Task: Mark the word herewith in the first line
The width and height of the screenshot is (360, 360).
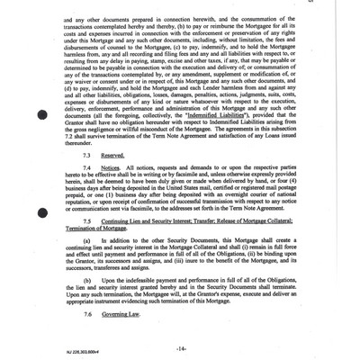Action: (x=207, y=18)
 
